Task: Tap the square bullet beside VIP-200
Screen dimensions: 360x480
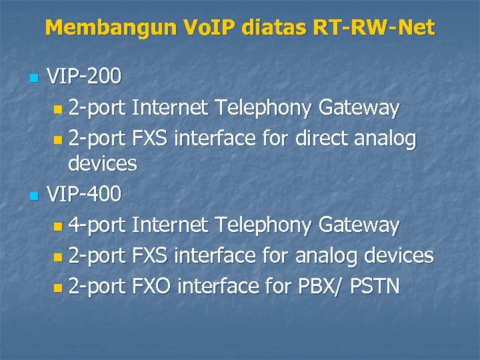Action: (35, 78)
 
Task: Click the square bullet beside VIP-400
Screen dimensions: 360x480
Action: (35, 195)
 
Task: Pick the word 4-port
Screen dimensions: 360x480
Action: (97, 225)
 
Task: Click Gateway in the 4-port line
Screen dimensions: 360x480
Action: (359, 225)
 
